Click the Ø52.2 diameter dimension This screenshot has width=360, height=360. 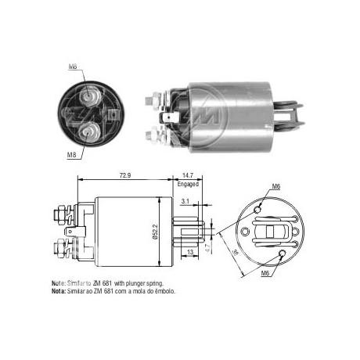166,231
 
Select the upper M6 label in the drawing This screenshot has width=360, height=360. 275,186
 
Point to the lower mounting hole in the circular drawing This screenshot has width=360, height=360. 279,255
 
